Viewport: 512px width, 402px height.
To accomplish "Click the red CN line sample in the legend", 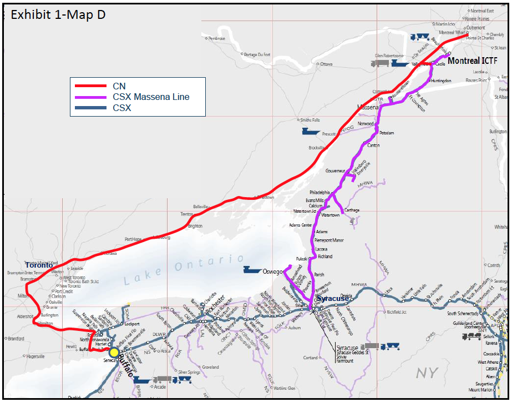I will [90, 86].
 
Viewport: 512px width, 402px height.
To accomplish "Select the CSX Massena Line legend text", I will [151, 97].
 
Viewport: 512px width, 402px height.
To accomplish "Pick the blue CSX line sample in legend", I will [90, 108].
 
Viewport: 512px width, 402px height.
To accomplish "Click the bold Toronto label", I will [39, 265].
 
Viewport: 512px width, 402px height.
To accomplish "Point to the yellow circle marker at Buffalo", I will [114, 352].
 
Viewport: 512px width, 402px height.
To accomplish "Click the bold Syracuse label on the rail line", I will [333, 298].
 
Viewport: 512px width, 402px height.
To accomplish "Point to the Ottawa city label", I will [326, 64].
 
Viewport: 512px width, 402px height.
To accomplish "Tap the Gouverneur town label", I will [335, 170].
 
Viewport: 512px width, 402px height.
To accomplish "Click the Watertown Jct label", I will [305, 212].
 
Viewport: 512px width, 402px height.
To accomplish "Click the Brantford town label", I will [17, 338].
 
